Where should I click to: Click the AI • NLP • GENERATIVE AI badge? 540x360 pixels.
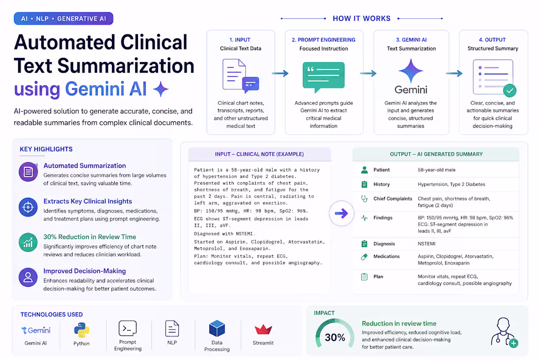63,19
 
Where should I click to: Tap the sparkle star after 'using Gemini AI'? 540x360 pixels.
161,89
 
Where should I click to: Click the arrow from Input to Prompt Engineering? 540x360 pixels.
280,73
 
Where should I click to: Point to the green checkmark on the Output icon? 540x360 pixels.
510,90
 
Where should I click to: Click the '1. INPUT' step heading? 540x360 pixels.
240,40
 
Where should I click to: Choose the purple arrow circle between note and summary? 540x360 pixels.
341,213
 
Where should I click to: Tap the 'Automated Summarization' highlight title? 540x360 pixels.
85,166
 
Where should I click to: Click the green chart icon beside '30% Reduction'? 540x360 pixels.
28,243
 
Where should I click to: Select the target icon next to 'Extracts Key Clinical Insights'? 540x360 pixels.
28,207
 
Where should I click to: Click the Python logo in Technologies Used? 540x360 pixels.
81,330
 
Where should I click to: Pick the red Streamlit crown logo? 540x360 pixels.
264,330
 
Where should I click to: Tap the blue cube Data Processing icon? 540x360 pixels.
217,328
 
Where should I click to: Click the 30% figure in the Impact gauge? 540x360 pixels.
335,337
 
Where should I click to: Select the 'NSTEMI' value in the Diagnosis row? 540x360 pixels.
427,244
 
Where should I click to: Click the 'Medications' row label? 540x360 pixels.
387,256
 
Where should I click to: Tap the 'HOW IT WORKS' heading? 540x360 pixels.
362,19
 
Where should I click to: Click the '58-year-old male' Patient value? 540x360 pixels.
437,170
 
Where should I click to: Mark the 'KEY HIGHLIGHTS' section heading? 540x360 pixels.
46,149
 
